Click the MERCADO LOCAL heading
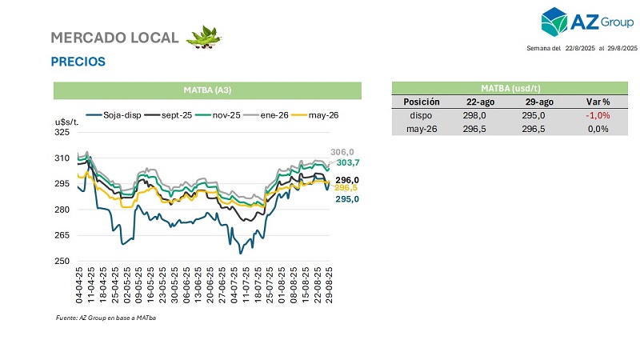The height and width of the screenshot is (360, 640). click(x=114, y=38)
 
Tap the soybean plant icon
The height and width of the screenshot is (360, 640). click(x=204, y=37)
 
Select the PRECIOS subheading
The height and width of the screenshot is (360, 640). click(x=78, y=62)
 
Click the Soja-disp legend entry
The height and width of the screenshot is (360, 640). click(x=115, y=115)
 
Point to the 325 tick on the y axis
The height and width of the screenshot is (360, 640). click(x=62, y=133)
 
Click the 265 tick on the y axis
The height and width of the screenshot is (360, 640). click(x=62, y=235)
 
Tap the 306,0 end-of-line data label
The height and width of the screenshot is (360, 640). click(x=342, y=152)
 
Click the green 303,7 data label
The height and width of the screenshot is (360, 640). click(x=345, y=162)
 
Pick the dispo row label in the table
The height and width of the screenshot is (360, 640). click(x=422, y=115)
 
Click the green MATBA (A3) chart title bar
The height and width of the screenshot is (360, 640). click(x=207, y=88)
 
